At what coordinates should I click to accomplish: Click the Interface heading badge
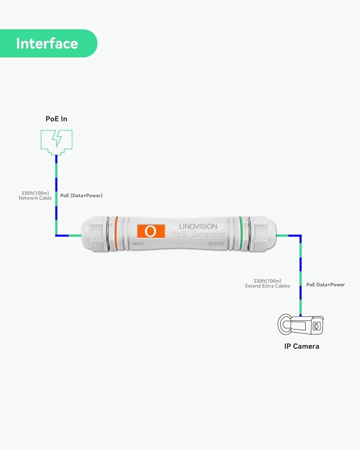(47, 44)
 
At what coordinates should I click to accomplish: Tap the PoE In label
(57, 119)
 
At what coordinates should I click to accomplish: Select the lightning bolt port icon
(57, 140)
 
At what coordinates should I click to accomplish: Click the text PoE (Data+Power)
(81, 196)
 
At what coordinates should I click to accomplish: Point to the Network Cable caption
(35, 198)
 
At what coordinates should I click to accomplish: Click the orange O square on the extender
(151, 231)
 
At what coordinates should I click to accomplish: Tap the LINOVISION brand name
(198, 226)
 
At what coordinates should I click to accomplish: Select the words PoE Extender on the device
(199, 234)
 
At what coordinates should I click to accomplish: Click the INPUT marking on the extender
(138, 244)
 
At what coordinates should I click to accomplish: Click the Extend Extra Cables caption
(267, 286)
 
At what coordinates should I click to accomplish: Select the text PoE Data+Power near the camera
(325, 284)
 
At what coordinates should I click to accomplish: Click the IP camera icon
(301, 325)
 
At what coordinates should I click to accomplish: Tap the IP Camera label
(301, 346)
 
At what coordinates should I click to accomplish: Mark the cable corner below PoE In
(57, 235)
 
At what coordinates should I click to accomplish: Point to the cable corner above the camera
(301, 235)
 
